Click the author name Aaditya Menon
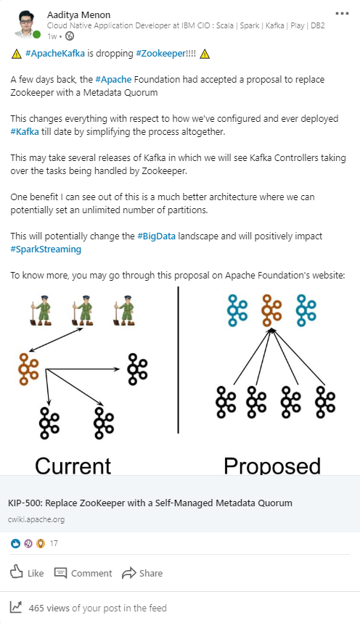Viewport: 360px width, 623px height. pyautogui.click(x=79, y=15)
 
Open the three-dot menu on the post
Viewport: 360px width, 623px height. pyautogui.click(x=342, y=14)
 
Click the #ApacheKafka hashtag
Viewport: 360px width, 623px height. pyautogui.click(x=55, y=53)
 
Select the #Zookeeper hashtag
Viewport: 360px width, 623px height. pyautogui.click(x=160, y=53)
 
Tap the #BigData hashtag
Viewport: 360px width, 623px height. pyautogui.click(x=156, y=236)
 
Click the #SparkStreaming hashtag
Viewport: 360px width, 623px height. pyautogui.click(x=46, y=249)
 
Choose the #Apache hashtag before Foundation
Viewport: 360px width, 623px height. pyautogui.click(x=113, y=80)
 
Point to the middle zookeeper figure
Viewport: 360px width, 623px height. pyautogui.click(x=83, y=310)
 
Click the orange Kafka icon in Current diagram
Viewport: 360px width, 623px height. pyautogui.click(x=28, y=368)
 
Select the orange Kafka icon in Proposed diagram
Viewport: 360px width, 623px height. pyautogui.click(x=271, y=310)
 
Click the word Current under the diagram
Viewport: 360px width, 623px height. pyautogui.click(x=73, y=466)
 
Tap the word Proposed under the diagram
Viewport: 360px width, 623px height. pyautogui.click(x=272, y=466)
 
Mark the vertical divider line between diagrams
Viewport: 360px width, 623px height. pyautogui.click(x=178, y=360)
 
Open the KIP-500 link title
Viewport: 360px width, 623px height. pyautogui.click(x=150, y=503)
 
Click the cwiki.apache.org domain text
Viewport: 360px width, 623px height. pyautogui.click(x=36, y=519)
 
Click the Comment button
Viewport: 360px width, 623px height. pyautogui.click(x=83, y=573)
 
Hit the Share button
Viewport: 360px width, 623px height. pyautogui.click(x=142, y=573)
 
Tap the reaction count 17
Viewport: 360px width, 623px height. pyautogui.click(x=54, y=543)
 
